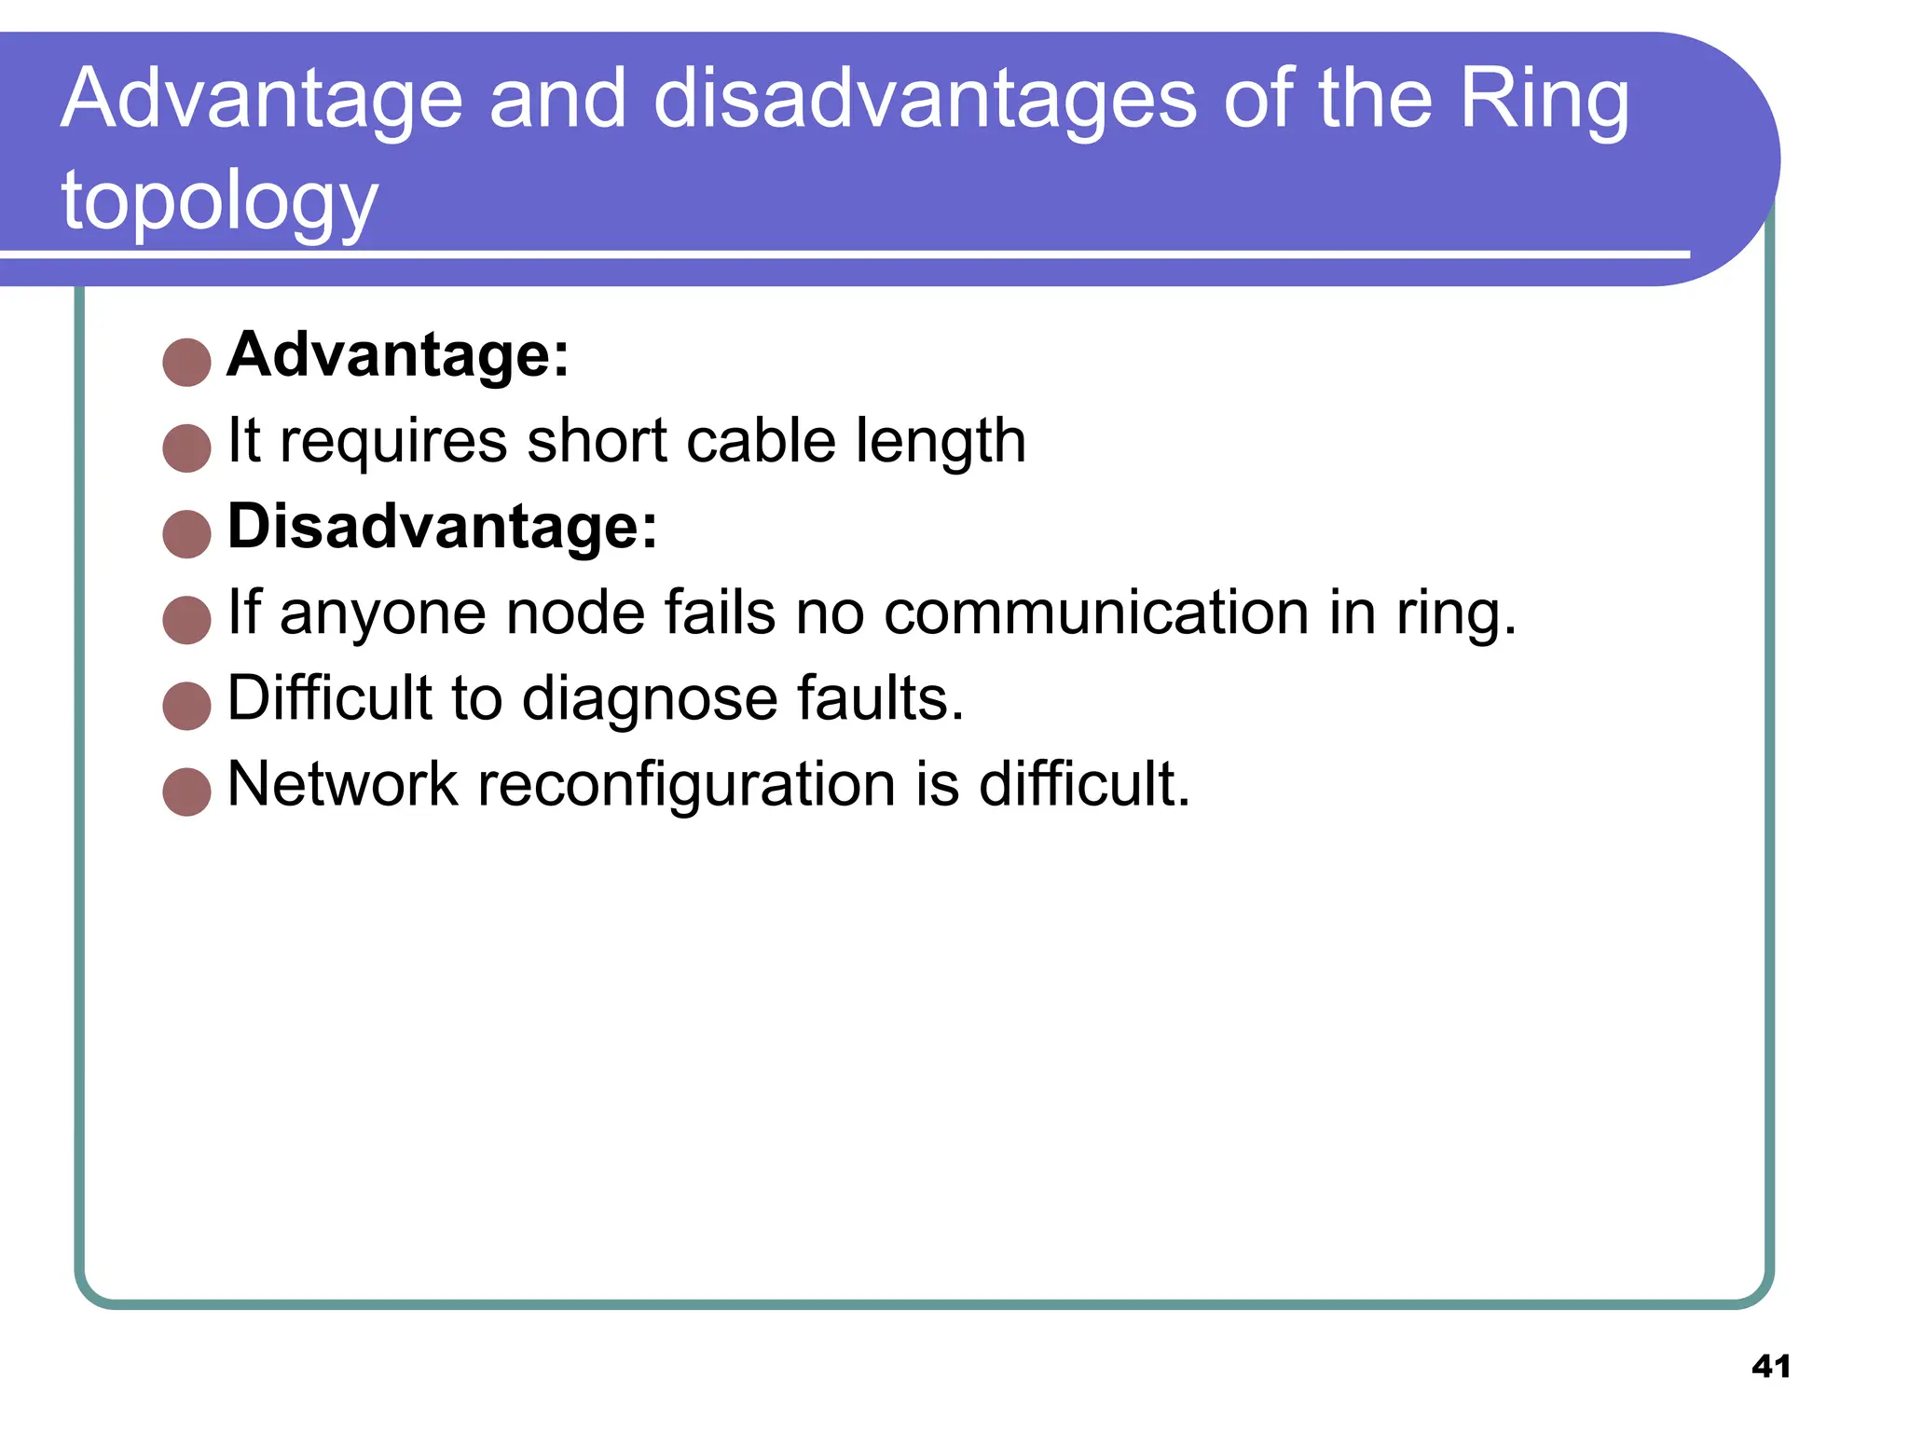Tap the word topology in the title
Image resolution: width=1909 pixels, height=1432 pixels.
click(220, 203)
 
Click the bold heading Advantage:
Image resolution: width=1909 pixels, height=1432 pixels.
click(398, 355)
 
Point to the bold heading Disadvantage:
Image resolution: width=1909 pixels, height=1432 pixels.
click(443, 527)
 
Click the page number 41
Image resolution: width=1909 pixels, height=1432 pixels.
click(1770, 1367)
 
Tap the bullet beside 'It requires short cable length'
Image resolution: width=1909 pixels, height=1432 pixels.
click(186, 448)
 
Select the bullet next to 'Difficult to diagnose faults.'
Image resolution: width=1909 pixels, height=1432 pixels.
click(186, 706)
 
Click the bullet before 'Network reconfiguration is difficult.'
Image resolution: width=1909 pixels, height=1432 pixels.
click(186, 792)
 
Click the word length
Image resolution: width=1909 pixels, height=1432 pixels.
click(941, 443)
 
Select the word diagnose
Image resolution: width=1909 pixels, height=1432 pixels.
click(649, 700)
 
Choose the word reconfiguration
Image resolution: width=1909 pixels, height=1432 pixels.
click(688, 785)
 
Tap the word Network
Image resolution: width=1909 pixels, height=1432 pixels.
click(342, 784)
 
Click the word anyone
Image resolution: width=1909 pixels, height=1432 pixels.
click(382, 614)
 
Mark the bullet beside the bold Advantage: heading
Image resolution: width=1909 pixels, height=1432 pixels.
click(186, 363)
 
